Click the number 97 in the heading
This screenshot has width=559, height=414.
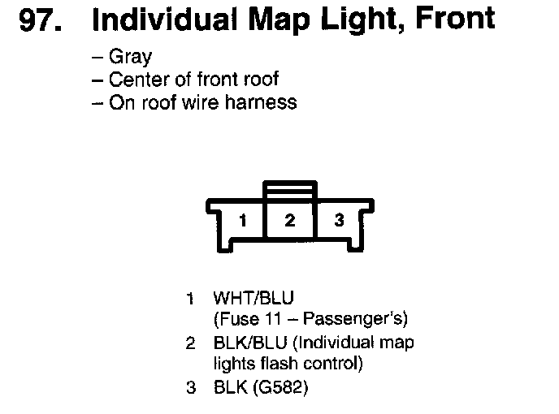(37, 21)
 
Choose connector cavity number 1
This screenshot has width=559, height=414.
(241, 220)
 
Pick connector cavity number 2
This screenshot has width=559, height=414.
(290, 220)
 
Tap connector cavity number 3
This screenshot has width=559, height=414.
(340, 220)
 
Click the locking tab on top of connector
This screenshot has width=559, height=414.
(290, 188)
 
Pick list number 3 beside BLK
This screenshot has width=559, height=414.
(191, 388)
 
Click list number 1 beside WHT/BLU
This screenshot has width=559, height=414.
(191, 298)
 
